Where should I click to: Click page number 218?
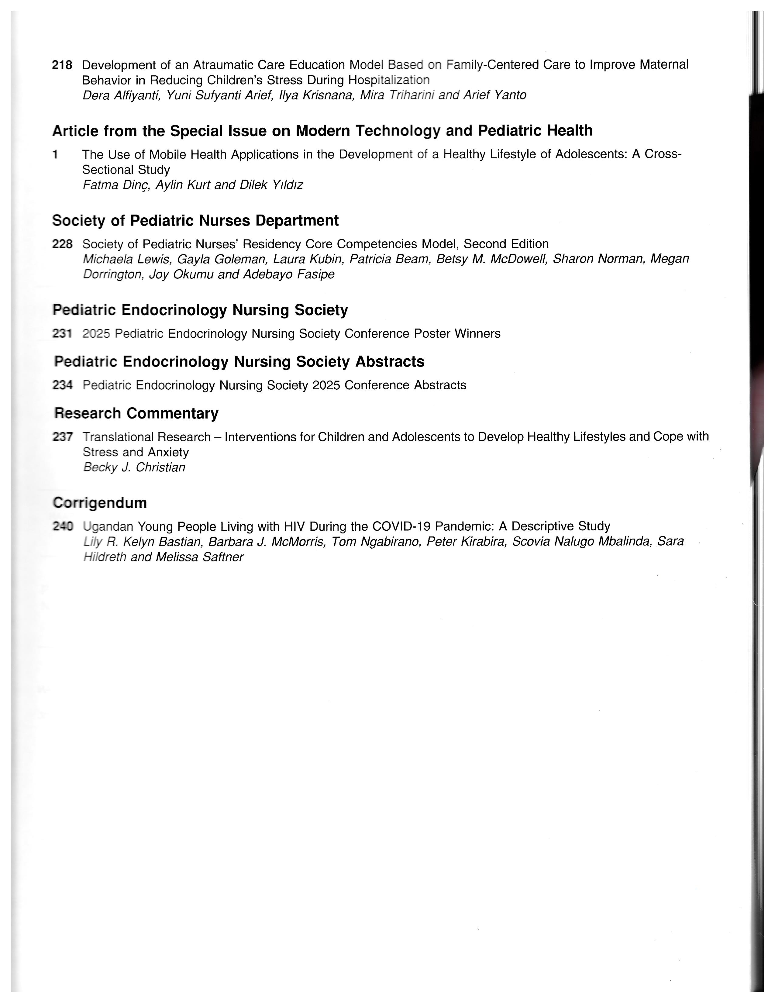pos(62,65)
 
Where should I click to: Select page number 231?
pos(62,333)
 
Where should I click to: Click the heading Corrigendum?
pos(100,503)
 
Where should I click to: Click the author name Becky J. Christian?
pos(134,467)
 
